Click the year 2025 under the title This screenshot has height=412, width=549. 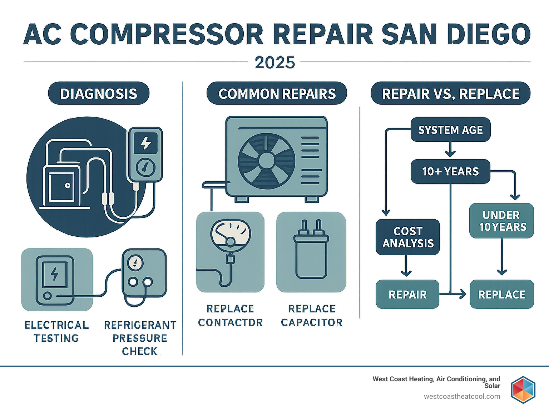[x=274, y=63]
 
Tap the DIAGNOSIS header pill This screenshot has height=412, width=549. [x=99, y=94]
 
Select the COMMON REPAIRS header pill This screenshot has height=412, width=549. [x=277, y=94]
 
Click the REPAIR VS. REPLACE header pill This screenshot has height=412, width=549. [x=450, y=94]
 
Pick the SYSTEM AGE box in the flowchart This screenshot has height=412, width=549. [x=450, y=130]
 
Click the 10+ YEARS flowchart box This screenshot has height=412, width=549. [x=450, y=171]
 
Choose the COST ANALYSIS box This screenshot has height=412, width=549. [x=408, y=237]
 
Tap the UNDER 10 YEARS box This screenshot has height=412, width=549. [x=502, y=221]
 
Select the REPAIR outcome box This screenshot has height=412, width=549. [x=407, y=295]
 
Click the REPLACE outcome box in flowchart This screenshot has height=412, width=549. [x=502, y=295]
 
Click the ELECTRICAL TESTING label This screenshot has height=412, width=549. [x=56, y=331]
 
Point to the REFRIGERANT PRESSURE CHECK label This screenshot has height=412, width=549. [x=140, y=338]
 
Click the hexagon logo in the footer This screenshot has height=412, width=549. [x=523, y=390]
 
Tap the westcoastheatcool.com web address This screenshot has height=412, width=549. [x=462, y=396]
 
